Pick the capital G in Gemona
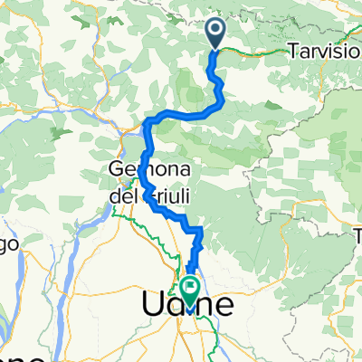(x=116, y=168)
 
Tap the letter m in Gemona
(x=140, y=169)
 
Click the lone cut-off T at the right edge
(x=357, y=238)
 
